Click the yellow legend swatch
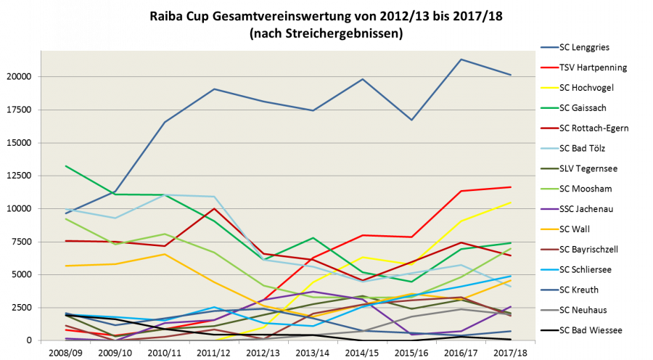point(549,88)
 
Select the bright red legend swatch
point(549,67)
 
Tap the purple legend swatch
point(549,209)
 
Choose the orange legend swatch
point(549,229)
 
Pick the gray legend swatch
point(549,310)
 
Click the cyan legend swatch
point(549,269)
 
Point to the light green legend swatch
point(549,189)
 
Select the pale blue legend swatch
point(549,148)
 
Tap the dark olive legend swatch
point(549,168)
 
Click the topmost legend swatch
point(549,47)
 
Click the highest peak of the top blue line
point(461,60)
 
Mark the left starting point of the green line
point(66,166)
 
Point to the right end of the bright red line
point(511,187)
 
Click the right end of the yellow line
point(511,202)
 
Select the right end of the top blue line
point(511,75)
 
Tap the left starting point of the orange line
point(66,266)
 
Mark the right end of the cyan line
point(511,276)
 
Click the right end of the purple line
point(511,307)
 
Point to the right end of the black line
point(511,339)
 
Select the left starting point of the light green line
point(66,219)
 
